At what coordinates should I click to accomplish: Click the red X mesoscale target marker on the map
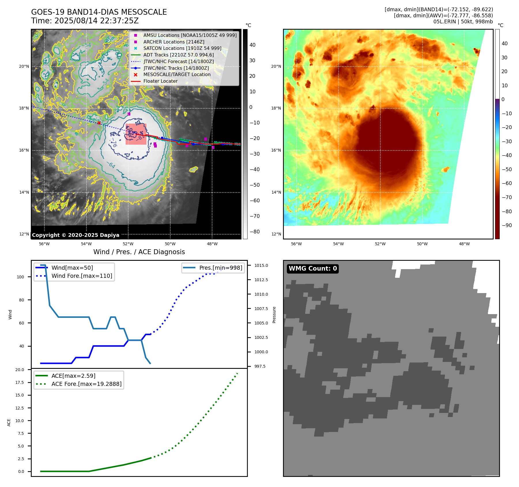coord(99,123)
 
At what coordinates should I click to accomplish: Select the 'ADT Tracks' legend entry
coord(178,55)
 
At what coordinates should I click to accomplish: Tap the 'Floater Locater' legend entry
coord(160,81)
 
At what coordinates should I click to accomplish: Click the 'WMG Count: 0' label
coord(313,269)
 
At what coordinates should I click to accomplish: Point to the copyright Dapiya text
coord(76,235)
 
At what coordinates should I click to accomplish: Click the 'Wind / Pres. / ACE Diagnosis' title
coord(139,252)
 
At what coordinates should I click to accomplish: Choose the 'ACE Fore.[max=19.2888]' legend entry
coord(86,384)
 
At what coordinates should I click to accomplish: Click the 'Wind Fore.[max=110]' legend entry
coord(82,276)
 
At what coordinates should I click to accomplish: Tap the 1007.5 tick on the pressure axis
coord(261,309)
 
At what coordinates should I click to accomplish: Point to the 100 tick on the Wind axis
coord(20,277)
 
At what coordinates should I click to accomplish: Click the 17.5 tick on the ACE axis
coord(20,382)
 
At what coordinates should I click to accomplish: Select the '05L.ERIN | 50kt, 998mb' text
coord(463,22)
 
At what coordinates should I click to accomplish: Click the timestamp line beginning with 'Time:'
coord(85,21)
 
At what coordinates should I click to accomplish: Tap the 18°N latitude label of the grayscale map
coord(24,108)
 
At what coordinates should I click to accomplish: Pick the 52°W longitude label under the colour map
coord(380,244)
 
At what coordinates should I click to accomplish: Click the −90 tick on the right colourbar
coord(507,225)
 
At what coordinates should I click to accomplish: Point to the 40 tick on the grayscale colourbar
coord(252,45)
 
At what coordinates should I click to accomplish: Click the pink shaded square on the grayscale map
coord(136,134)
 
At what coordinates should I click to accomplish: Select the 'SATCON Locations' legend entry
coord(182,48)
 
